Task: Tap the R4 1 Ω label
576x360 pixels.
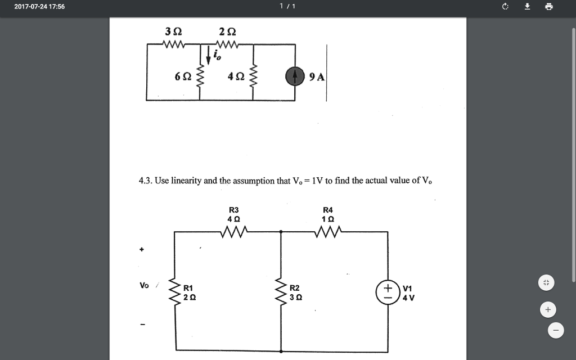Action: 328,214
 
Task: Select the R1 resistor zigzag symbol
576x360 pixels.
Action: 175,291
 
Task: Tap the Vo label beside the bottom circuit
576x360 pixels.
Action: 145,285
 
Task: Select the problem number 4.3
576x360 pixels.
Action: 145,181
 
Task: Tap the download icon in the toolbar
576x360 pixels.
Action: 527,7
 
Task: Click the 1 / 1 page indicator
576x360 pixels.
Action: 287,7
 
